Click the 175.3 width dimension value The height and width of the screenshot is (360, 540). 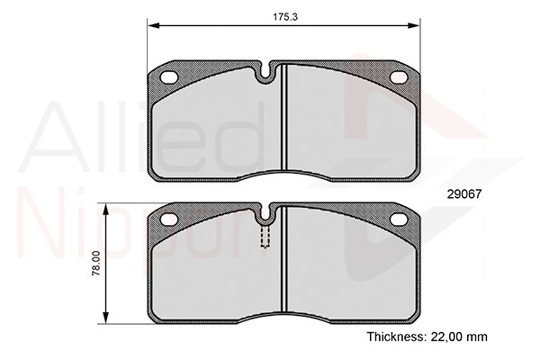point(285,16)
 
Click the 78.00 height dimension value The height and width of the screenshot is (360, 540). point(96,263)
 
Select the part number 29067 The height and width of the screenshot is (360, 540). point(463,194)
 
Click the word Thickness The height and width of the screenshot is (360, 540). point(397,337)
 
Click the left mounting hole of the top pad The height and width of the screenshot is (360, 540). point(169,77)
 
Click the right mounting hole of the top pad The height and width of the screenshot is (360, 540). point(399,77)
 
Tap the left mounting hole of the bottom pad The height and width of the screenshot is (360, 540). point(169,219)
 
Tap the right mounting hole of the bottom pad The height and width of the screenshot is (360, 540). point(399,219)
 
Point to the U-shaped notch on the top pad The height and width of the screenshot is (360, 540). point(265,74)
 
